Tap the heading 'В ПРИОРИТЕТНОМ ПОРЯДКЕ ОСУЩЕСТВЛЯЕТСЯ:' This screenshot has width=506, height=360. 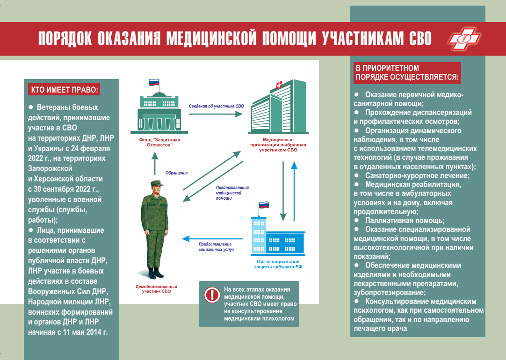click(407, 72)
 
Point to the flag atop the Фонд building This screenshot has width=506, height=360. click(154, 83)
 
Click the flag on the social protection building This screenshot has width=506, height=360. click(264, 205)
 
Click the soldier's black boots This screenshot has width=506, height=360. click(155, 273)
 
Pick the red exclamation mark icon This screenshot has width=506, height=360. click(212, 295)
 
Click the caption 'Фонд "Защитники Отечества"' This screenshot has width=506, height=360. click(157, 142)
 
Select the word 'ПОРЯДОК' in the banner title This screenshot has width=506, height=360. click(65, 39)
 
